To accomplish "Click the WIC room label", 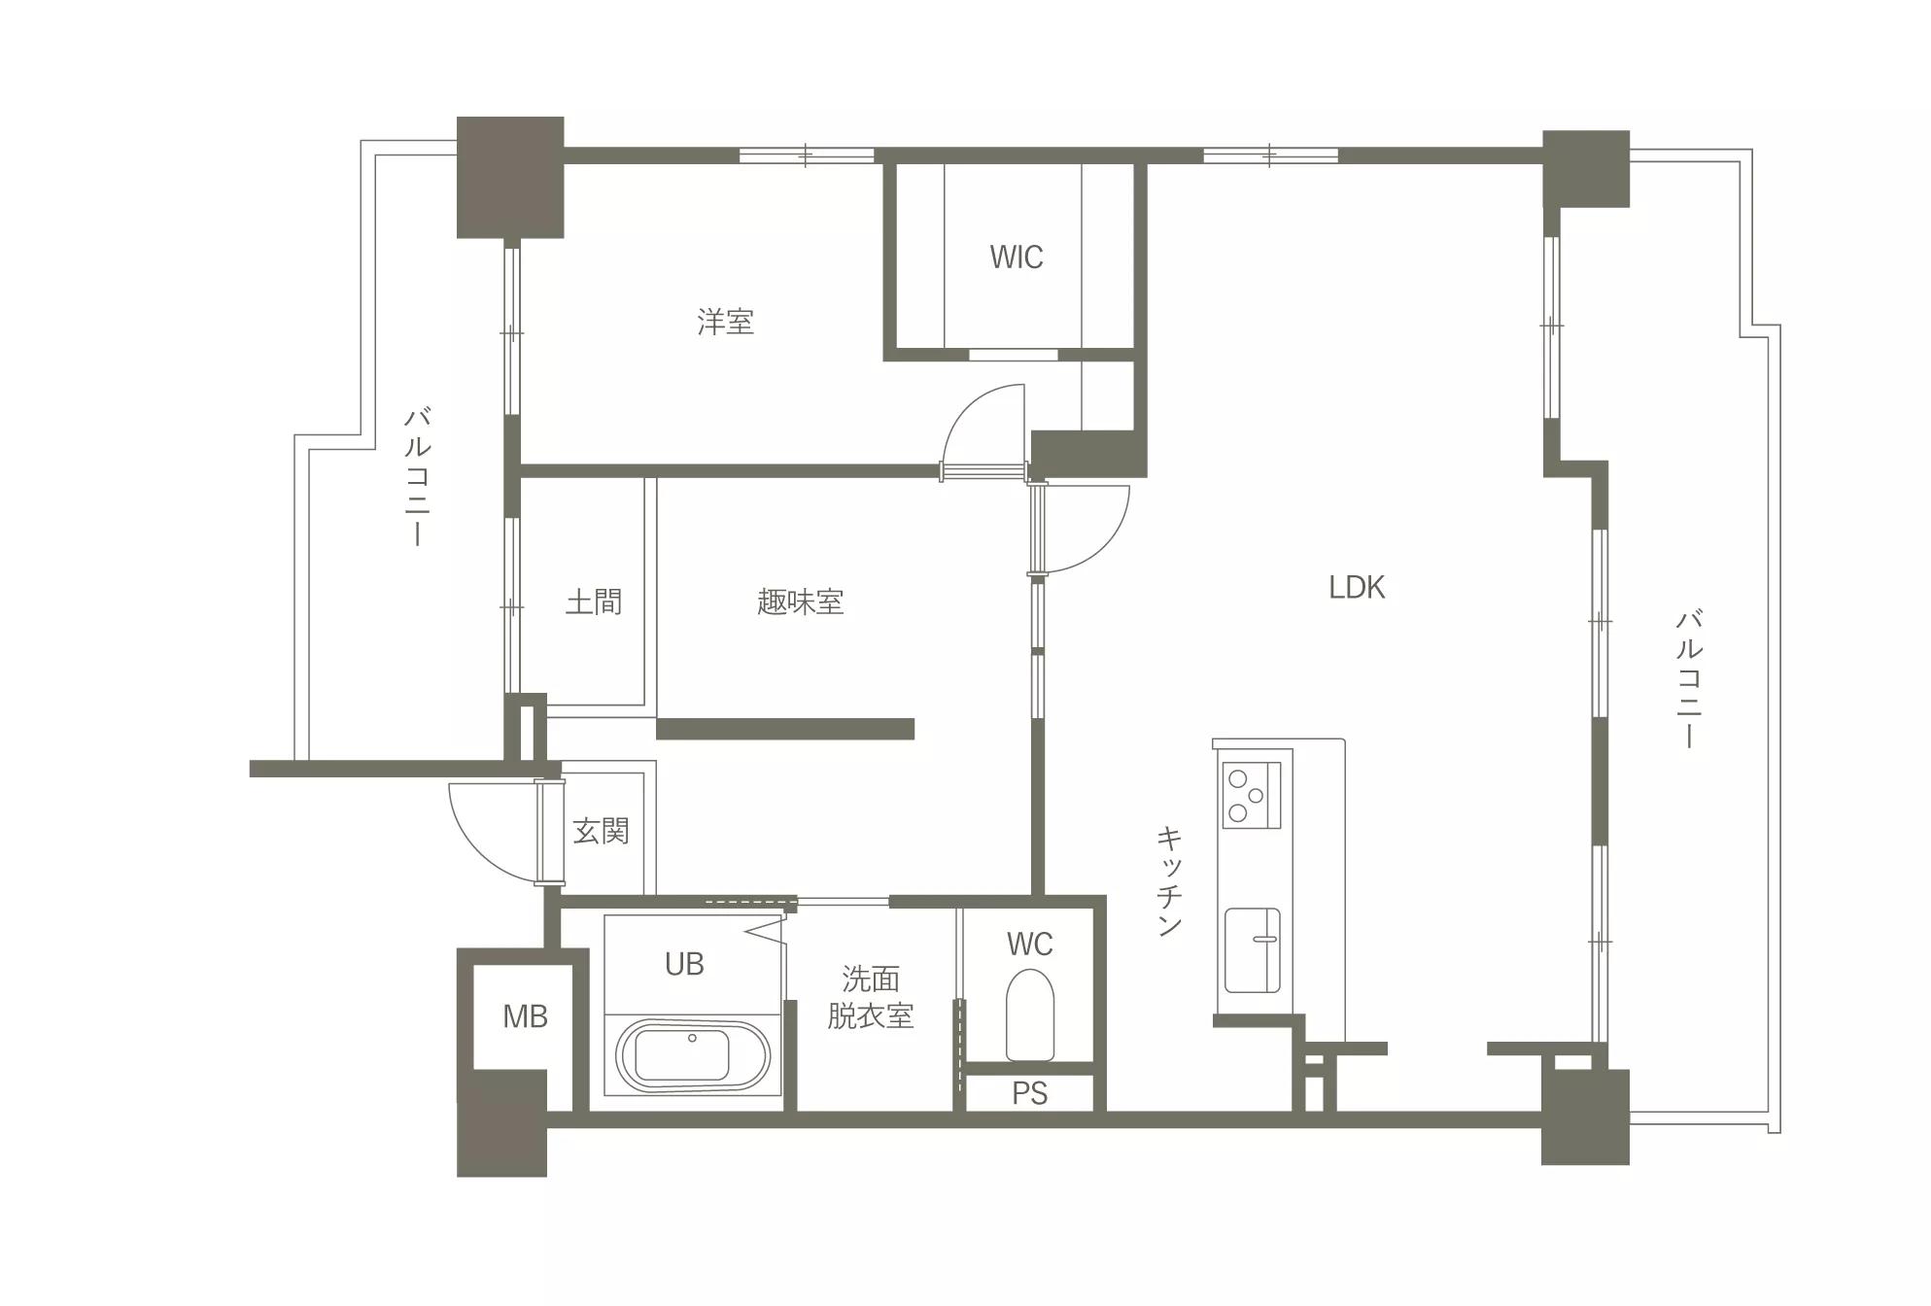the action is tap(1017, 257).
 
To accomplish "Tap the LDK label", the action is tap(1357, 587).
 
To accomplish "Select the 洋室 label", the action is tap(725, 322).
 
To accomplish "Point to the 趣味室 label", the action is tap(800, 601).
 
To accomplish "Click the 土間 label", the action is tap(594, 601).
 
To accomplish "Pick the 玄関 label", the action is tap(601, 831).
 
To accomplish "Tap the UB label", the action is tap(684, 964).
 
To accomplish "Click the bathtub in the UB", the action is tap(693, 1055).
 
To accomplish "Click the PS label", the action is tap(1030, 1093).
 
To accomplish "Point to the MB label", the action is tap(525, 1016).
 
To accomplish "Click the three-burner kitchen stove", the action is tap(1252, 795).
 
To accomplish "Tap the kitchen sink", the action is tap(1252, 950).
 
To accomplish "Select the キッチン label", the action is tap(1169, 880).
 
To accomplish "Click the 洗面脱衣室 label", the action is tap(871, 997).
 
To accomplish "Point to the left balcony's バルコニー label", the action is tap(418, 477).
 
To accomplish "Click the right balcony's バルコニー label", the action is tap(1689, 678).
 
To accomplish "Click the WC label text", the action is tap(1029, 944).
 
